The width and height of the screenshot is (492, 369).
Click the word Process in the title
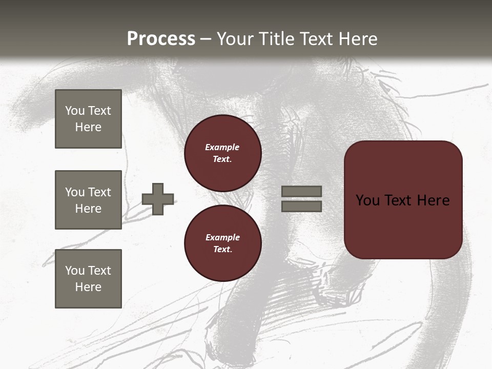(x=161, y=38)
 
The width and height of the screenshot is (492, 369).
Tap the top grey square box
(x=88, y=119)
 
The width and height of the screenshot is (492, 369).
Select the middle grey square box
(x=88, y=200)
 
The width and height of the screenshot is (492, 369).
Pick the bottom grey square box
(x=88, y=278)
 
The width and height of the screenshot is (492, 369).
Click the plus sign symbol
(x=158, y=199)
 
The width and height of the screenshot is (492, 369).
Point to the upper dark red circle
(x=222, y=153)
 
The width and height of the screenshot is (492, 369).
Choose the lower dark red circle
(x=222, y=243)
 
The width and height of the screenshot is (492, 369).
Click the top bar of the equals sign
(x=301, y=191)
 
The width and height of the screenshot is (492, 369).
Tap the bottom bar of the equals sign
(x=301, y=206)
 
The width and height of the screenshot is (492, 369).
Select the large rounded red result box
(x=403, y=199)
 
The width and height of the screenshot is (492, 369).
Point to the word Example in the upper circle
(x=222, y=147)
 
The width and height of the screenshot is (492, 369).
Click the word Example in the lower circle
(x=222, y=237)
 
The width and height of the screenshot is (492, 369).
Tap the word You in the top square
(x=75, y=111)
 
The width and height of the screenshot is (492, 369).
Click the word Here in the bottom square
(x=88, y=287)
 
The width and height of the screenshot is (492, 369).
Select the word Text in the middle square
(x=99, y=192)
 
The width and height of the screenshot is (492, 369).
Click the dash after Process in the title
(x=206, y=39)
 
